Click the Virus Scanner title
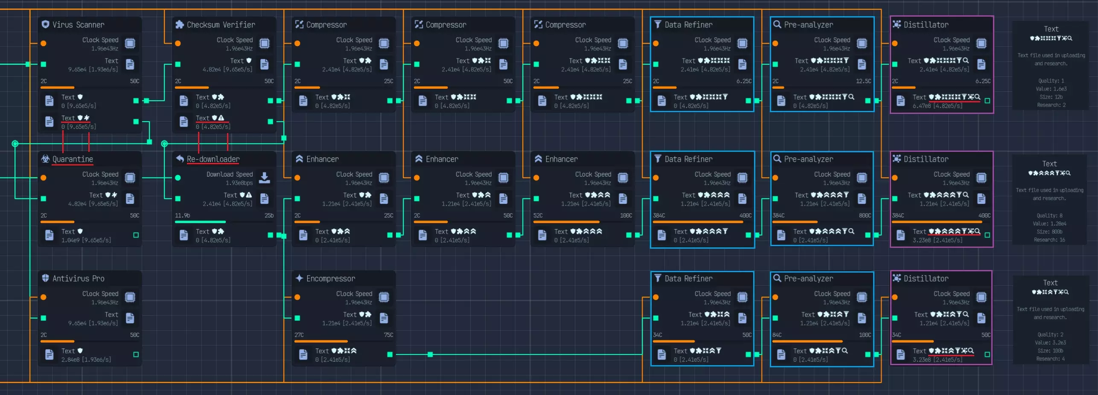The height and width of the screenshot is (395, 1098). point(78,25)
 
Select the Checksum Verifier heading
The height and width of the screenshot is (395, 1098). point(221,25)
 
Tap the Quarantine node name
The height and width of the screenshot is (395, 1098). point(73,159)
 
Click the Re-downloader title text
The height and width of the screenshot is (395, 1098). point(213,159)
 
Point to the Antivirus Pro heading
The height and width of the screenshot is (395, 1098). point(78,279)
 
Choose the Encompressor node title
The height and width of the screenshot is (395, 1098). point(330,279)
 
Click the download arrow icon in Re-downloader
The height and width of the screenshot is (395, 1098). point(265,177)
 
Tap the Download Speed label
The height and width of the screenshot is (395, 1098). point(230,174)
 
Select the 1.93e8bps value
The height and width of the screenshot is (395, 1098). point(239,183)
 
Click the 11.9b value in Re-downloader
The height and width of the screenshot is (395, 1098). point(182,215)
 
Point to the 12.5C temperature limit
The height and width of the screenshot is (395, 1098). point(863,81)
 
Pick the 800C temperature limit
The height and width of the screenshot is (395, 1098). point(865,215)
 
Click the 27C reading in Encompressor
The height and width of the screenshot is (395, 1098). point(299,335)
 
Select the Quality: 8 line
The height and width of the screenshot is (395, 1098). point(1049,215)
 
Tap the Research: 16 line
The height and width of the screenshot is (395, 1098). point(1049,240)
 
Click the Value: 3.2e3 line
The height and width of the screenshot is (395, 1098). point(1050,343)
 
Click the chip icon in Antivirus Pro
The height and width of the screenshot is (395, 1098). point(130,297)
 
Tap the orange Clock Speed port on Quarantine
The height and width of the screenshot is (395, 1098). point(44,177)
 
